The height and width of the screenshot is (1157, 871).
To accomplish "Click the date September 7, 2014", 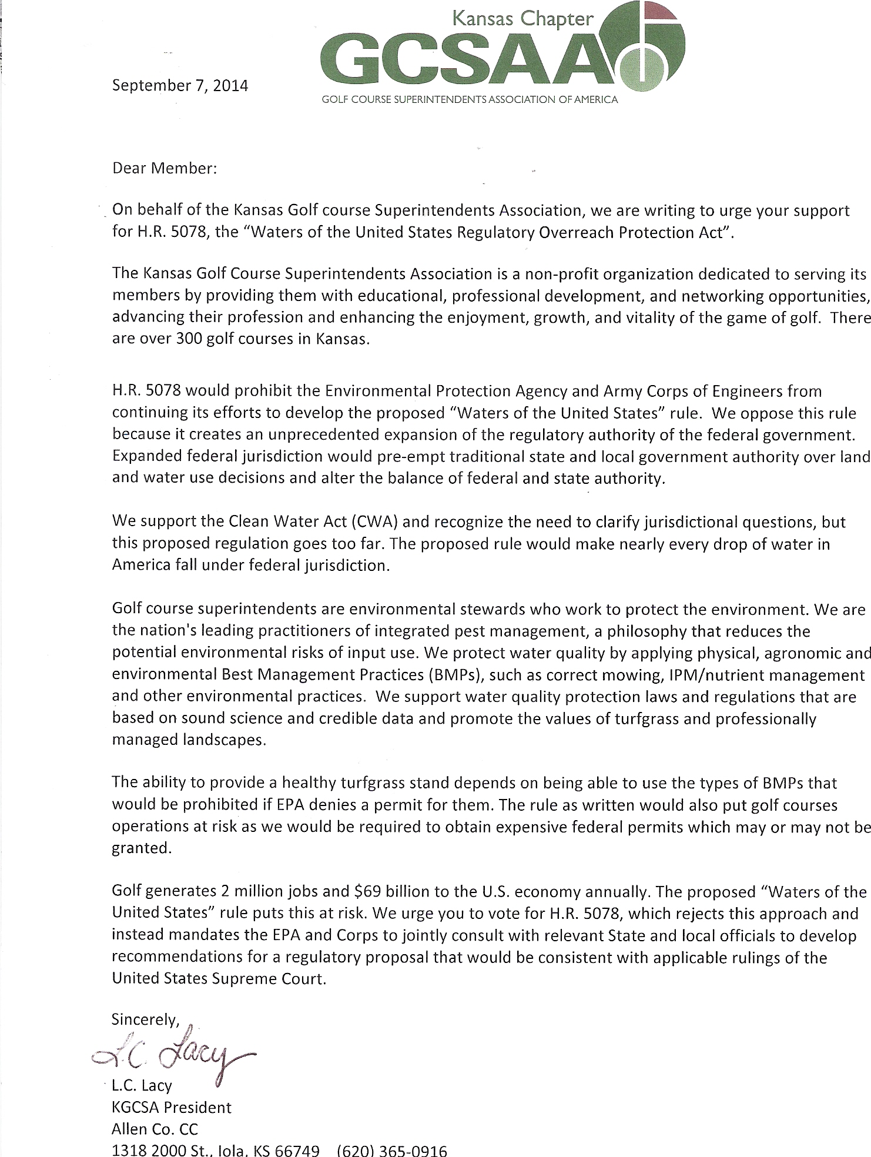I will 180,86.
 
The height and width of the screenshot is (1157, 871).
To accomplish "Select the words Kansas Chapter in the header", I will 522,20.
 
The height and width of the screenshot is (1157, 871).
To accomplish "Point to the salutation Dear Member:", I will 165,168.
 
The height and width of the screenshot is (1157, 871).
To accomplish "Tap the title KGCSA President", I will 172,1108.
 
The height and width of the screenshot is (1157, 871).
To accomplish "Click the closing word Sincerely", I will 145,1020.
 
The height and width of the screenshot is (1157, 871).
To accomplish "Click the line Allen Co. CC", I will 155,1129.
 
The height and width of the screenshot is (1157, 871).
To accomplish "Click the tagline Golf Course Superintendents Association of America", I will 469,100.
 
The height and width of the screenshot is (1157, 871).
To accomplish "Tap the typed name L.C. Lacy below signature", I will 141,1086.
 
